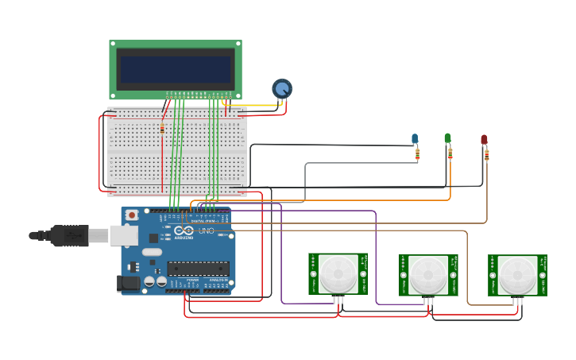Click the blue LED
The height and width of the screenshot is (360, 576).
(x=415, y=139)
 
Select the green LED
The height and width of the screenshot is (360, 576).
(x=447, y=138)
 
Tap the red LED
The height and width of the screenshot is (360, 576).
(x=484, y=140)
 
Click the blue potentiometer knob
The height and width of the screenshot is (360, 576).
(x=282, y=88)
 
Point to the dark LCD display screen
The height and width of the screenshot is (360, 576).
(x=176, y=69)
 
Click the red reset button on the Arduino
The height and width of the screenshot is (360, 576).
(x=132, y=215)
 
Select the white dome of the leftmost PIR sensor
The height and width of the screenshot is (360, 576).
(x=338, y=274)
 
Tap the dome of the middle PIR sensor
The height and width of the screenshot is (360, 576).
(x=428, y=275)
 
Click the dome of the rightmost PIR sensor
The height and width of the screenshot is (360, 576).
(x=517, y=275)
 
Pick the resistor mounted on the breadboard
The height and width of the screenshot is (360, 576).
(x=162, y=129)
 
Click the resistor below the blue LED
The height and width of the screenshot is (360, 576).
(x=417, y=155)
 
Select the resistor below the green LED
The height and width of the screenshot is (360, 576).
(x=450, y=153)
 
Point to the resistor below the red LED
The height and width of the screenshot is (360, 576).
(x=486, y=155)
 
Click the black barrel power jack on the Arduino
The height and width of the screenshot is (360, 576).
(x=127, y=283)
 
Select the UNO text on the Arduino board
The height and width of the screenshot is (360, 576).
(x=205, y=230)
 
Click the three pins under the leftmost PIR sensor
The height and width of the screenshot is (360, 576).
(x=338, y=300)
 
